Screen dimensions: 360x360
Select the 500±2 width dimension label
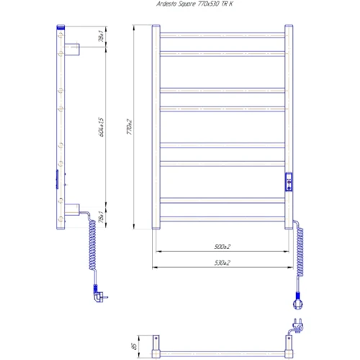(x=221, y=247)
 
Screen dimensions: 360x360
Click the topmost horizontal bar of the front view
(x=222, y=35)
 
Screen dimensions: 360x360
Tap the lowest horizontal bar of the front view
(x=222, y=215)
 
